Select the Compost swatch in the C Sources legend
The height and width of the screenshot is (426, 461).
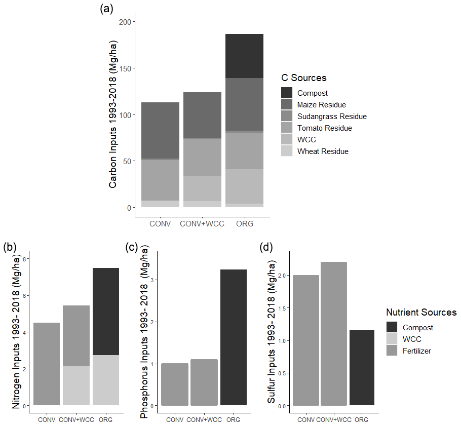point(287,93)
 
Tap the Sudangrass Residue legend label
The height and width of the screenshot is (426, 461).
point(332,117)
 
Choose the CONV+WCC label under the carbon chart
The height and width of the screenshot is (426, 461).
point(202,224)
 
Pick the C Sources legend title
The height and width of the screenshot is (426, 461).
point(304,78)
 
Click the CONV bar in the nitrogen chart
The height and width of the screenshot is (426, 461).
point(47,364)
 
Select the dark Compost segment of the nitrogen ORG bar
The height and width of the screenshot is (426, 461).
point(106,312)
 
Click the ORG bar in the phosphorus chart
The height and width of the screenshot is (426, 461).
point(234,337)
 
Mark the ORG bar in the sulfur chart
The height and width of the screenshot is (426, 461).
point(362,368)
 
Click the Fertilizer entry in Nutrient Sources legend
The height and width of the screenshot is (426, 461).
point(416,351)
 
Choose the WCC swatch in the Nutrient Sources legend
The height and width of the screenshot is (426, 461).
point(392,339)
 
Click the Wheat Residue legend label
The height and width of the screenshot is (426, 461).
point(323,151)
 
